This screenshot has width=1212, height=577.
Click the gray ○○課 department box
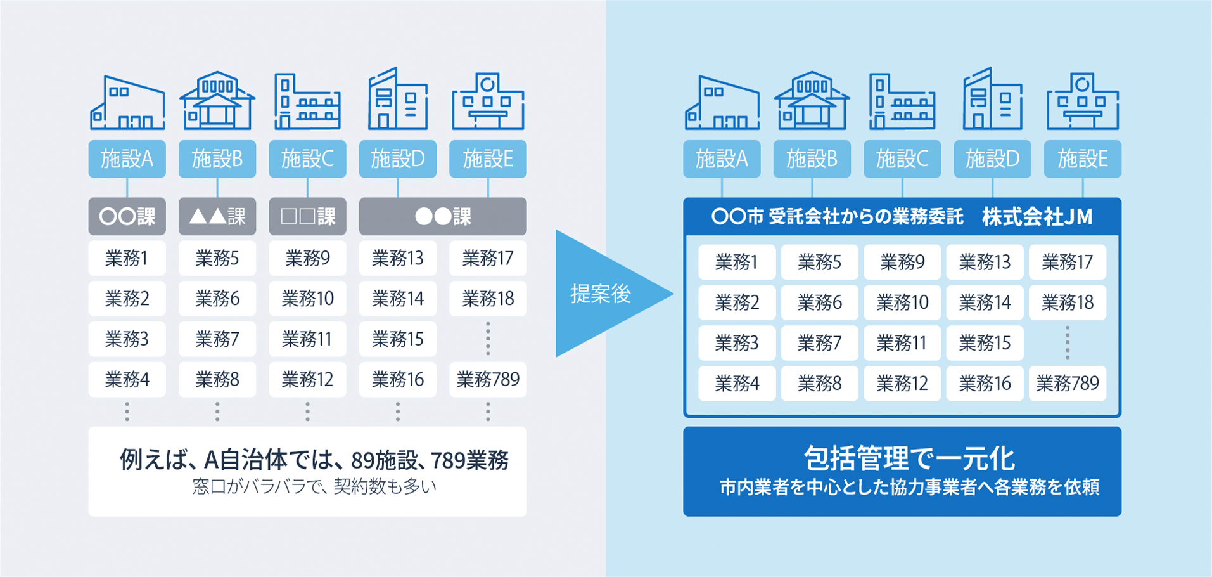(127, 217)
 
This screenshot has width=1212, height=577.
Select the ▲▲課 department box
(217, 217)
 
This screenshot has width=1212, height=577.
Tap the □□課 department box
(307, 217)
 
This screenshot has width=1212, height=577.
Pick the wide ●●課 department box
(442, 217)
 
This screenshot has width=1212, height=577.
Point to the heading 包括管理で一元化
(909, 458)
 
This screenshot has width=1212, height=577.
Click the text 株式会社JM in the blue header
(1037, 217)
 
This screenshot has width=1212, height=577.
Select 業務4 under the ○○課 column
(127, 380)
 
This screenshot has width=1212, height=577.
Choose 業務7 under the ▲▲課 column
(217, 339)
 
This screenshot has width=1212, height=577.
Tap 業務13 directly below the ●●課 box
(397, 258)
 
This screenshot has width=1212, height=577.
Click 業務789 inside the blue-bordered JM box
(1067, 384)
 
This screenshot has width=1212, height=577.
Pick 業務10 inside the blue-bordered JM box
(902, 302)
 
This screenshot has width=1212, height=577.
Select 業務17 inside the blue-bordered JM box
(1067, 262)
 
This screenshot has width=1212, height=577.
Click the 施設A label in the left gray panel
(127, 159)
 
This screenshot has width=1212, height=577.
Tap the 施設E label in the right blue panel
(1082, 159)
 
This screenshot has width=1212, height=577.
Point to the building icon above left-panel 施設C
(307, 101)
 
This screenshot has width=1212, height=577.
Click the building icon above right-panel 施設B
(812, 101)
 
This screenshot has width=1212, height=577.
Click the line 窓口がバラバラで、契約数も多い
(314, 487)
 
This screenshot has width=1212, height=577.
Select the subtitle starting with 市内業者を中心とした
(909, 487)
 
